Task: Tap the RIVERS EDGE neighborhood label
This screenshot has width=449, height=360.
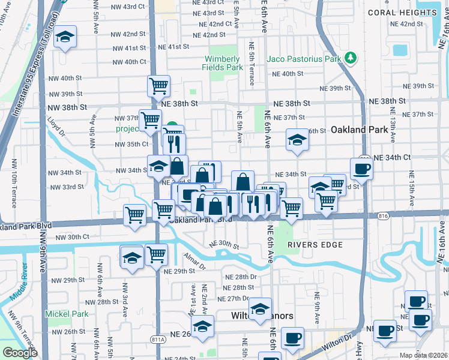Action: pyautogui.click(x=315, y=245)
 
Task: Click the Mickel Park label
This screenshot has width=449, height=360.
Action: pyautogui.click(x=66, y=314)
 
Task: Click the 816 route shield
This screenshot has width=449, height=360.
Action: pyautogui.click(x=383, y=215)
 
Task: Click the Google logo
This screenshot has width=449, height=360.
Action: pyautogui.click(x=20, y=353)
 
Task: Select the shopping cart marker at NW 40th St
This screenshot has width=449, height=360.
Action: pyautogui.click(x=158, y=86)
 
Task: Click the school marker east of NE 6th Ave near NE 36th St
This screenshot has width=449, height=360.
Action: pyautogui.click(x=297, y=140)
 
